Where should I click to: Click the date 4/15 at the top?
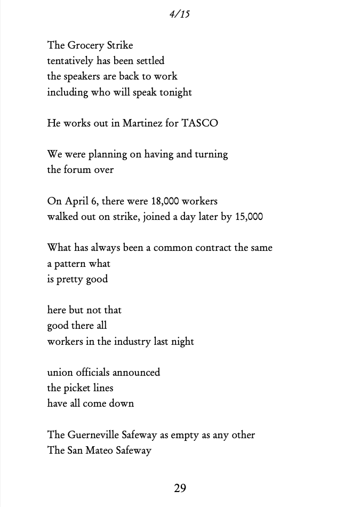(x=180, y=14)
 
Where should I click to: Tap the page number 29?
(x=180, y=488)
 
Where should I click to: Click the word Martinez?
(x=141, y=123)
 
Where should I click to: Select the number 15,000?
(x=249, y=217)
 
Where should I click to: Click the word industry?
(x=130, y=342)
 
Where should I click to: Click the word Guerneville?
(x=99, y=435)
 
